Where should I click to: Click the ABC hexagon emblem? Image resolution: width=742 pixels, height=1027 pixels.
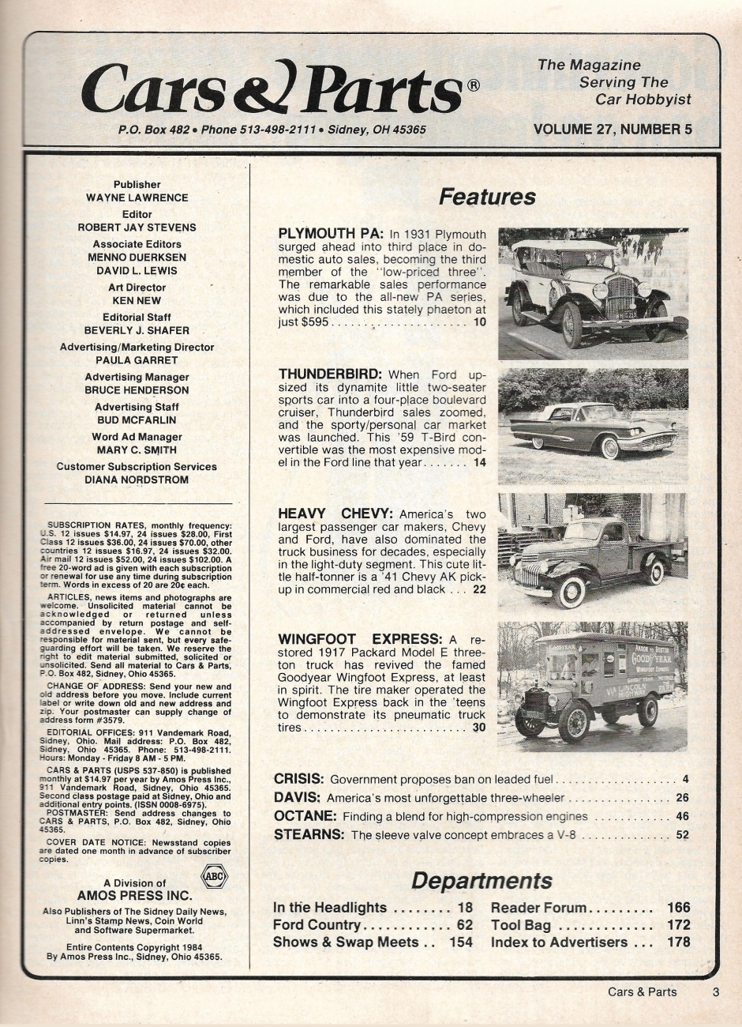(x=213, y=876)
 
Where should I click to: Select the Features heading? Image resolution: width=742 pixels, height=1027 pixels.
(x=487, y=197)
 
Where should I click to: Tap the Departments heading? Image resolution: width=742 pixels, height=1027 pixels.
(x=482, y=880)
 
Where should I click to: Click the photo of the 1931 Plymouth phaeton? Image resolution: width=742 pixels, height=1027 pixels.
(x=593, y=293)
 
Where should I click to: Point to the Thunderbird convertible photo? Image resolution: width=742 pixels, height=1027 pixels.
(x=593, y=427)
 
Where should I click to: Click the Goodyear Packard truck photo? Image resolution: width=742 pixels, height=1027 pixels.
(x=593, y=686)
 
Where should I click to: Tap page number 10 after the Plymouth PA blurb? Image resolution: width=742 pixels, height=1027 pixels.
(x=480, y=322)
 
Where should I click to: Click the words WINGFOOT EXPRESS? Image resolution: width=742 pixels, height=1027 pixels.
(x=359, y=638)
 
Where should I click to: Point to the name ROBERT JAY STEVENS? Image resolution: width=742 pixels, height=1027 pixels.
(x=137, y=228)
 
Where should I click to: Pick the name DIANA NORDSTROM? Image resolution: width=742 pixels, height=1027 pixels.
(x=137, y=480)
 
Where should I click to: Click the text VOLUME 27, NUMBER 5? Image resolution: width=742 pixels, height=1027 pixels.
(x=613, y=130)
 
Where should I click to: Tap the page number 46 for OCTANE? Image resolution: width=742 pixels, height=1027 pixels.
(x=682, y=816)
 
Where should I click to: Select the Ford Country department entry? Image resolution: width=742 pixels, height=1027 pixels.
(x=317, y=924)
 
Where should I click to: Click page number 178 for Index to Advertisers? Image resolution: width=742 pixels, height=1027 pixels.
(x=678, y=942)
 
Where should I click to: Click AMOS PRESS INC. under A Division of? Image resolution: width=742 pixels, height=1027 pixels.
(x=134, y=896)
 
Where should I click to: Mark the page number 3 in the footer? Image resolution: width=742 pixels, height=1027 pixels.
(x=715, y=992)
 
